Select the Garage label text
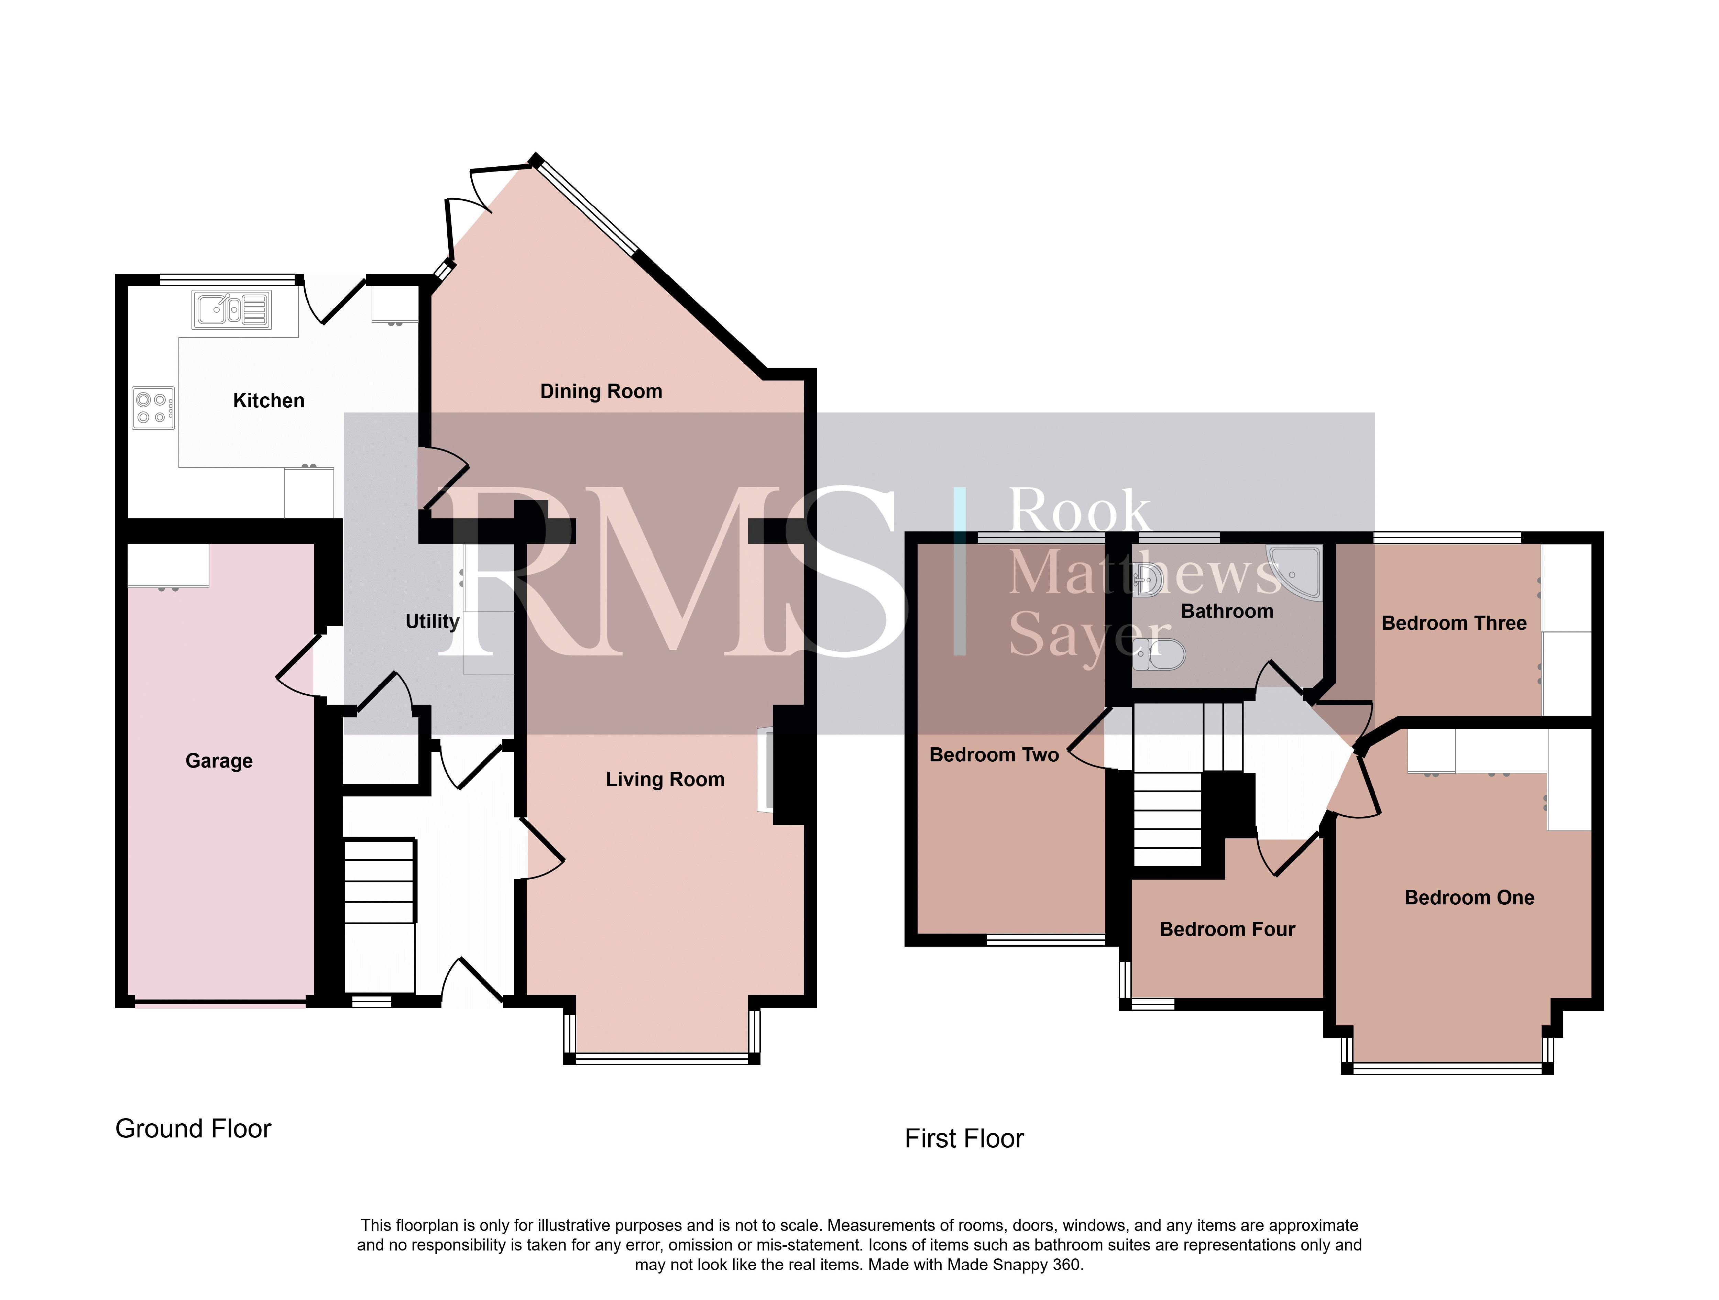[x=219, y=761]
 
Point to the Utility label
[x=432, y=621]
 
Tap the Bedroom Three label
[x=1454, y=623]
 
